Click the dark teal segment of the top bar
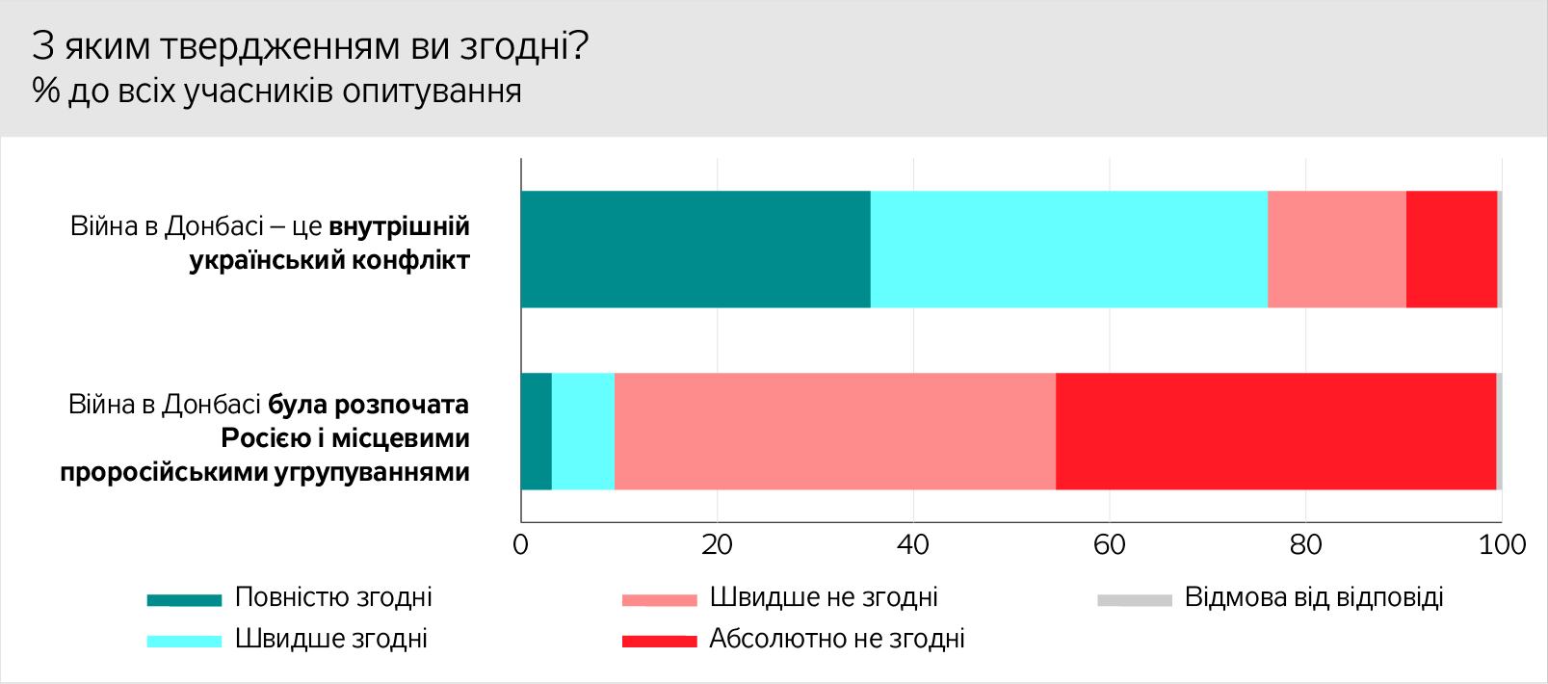(695, 250)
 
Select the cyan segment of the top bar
(1068, 250)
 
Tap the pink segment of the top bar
(1336, 250)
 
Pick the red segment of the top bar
(1451, 250)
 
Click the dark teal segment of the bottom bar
(537, 432)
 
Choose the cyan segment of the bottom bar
(583, 432)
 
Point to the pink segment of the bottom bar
(834, 432)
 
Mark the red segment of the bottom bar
(1275, 432)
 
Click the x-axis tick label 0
(521, 545)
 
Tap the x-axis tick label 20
(717, 545)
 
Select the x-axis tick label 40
(912, 545)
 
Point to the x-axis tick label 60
(1109, 545)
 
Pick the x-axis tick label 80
(1305, 545)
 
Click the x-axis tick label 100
(1502, 545)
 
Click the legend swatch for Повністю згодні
(184, 600)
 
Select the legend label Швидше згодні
(331, 639)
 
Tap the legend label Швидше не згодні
(824, 597)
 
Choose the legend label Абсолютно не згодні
(837, 639)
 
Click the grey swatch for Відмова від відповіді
(1134, 600)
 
